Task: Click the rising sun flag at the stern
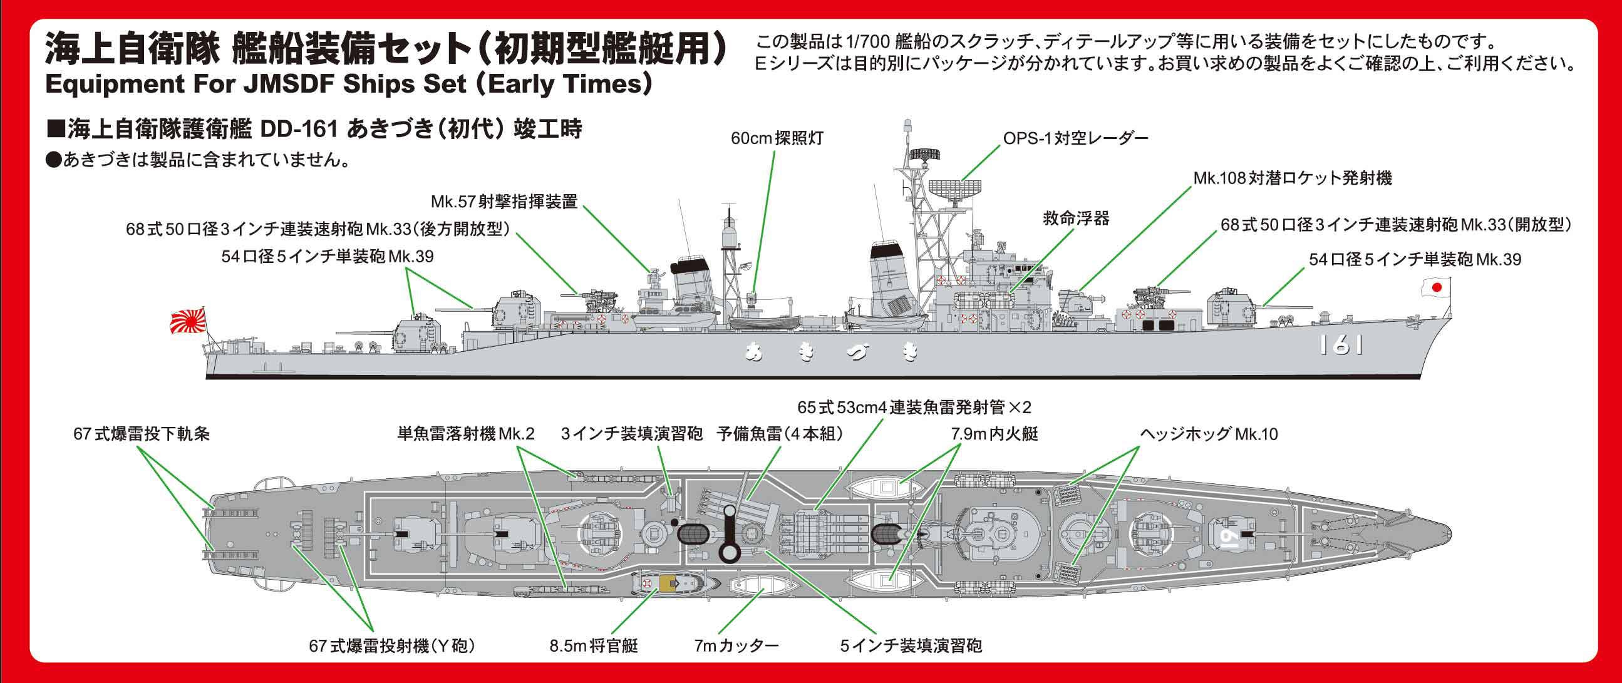coord(188,322)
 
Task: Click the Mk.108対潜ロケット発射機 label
coord(1292,178)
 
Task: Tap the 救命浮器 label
coord(1075,218)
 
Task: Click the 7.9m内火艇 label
coord(994,434)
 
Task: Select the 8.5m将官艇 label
coord(594,645)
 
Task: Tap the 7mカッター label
coord(737,645)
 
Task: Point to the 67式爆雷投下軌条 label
coord(141,434)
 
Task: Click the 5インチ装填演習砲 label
coord(911,645)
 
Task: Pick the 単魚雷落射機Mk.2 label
coord(466,434)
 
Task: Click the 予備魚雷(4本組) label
coord(780,434)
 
